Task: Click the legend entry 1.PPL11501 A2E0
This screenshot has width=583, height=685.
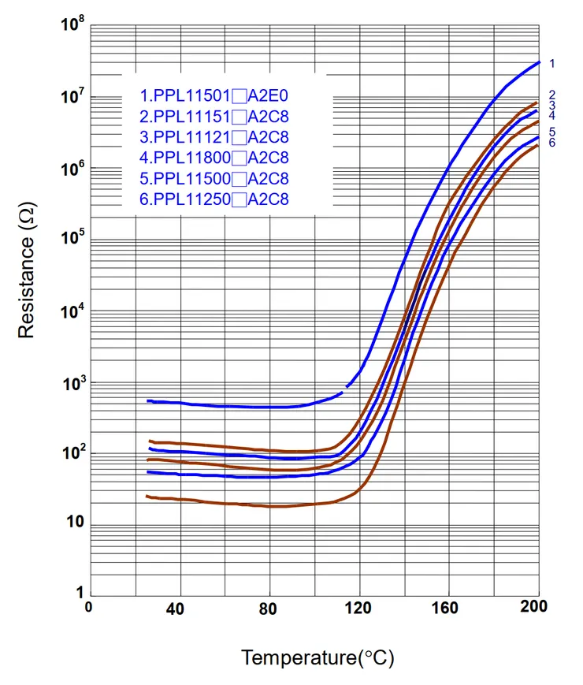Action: (x=214, y=96)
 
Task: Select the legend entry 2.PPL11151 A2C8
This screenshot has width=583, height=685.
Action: (x=214, y=117)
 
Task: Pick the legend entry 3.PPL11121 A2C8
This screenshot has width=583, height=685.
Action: (x=214, y=137)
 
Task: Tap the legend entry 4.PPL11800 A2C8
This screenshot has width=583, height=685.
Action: (x=214, y=158)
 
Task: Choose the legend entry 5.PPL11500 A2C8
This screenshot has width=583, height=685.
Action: (x=214, y=179)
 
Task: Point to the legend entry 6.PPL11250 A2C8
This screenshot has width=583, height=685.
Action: (x=214, y=199)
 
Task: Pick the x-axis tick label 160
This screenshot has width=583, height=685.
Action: (x=447, y=609)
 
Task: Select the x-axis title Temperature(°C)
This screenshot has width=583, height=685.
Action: (x=317, y=657)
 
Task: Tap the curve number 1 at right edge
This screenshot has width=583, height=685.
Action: (x=552, y=63)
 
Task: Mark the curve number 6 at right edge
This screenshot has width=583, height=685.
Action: (x=552, y=143)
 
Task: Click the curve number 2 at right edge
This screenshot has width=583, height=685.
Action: (x=552, y=95)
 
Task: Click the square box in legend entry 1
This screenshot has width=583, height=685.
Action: (x=239, y=96)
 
